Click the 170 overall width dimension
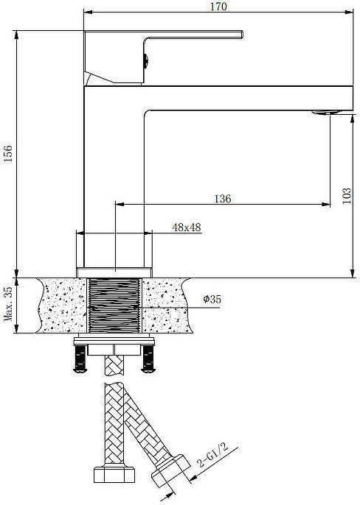218,6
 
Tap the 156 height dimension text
8,154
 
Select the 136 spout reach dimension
223,199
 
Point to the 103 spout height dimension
347,196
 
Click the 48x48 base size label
187,227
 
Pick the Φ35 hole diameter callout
212,299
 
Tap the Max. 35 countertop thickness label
8,304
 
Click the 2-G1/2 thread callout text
212,455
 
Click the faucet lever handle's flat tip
241,34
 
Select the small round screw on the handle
145,60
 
